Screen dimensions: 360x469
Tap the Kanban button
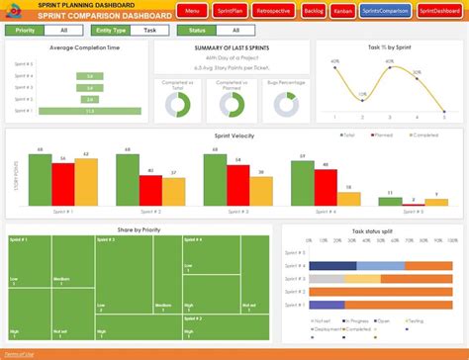click(343, 11)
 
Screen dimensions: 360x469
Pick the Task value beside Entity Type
click(150, 31)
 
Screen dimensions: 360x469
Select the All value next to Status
click(244, 31)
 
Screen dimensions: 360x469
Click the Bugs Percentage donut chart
click(287, 104)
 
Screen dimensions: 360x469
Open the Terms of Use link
click(18, 353)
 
